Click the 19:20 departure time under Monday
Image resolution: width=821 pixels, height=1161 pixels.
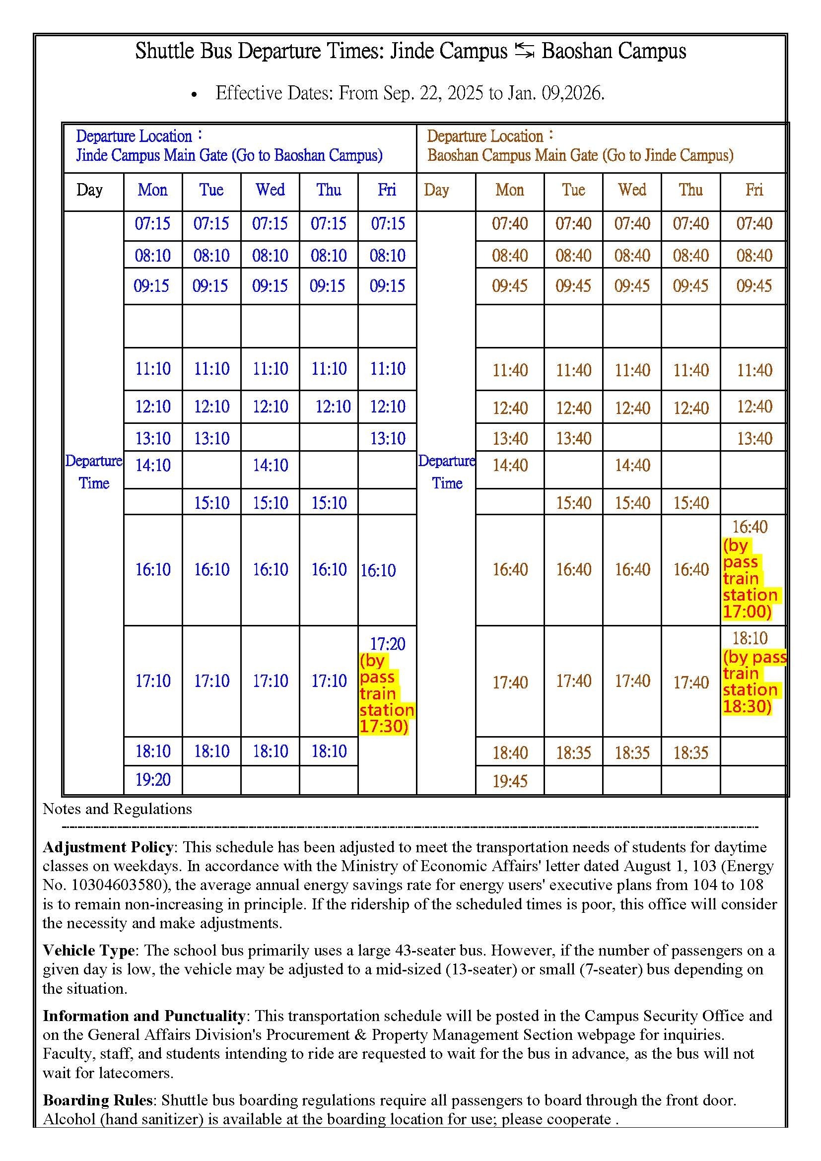[x=153, y=780]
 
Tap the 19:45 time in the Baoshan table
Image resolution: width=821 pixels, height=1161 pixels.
[x=510, y=781]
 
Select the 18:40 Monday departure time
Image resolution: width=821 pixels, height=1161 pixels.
[x=510, y=753]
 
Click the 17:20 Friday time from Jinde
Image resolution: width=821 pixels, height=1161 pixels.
[x=387, y=644]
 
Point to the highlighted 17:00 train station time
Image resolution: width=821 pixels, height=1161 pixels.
[x=747, y=612]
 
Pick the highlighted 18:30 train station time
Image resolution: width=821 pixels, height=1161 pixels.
[x=747, y=706]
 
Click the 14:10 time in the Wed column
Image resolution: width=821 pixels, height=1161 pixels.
[x=270, y=465]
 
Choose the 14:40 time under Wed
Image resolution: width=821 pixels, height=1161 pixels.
[x=632, y=465]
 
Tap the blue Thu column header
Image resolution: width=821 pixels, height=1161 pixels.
[x=329, y=190]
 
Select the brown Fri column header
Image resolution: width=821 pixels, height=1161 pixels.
[x=754, y=190]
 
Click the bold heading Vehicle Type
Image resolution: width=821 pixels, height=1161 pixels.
[x=88, y=950]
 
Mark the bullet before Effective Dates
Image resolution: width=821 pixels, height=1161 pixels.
[x=195, y=95]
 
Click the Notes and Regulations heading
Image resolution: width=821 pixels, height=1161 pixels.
[x=117, y=809]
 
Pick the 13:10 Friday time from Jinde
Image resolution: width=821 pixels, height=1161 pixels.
[x=387, y=438]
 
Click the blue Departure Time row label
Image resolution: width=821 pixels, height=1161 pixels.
[x=94, y=472]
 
